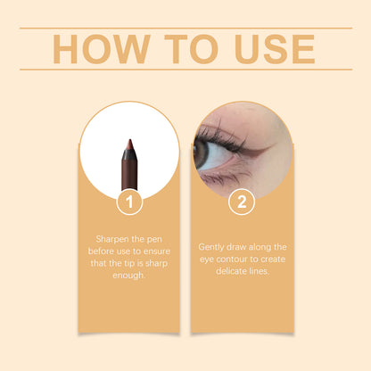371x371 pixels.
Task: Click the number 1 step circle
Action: (129, 202)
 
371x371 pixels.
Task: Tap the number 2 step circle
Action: (241, 202)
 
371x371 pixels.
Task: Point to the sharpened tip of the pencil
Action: (129, 144)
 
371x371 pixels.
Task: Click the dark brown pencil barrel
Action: (129, 174)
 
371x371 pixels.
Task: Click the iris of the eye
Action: (202, 153)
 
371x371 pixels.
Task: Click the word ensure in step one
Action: (156, 251)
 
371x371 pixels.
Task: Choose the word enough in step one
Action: (129, 276)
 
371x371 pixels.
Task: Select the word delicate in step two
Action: (229, 270)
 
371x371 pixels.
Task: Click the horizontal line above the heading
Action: (185, 28)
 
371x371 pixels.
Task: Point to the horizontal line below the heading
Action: (185, 70)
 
